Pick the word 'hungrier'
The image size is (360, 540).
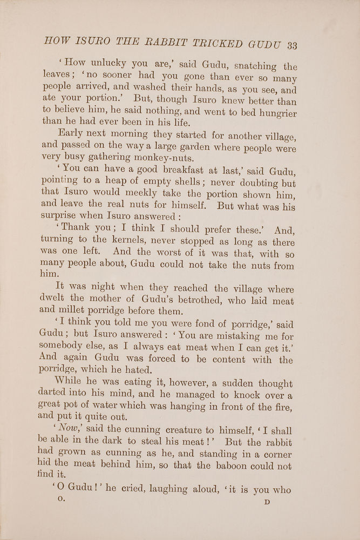pyautogui.click(x=274, y=112)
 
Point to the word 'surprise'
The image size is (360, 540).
pyautogui.click(x=60, y=217)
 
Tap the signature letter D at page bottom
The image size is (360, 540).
pyautogui.click(x=266, y=502)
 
